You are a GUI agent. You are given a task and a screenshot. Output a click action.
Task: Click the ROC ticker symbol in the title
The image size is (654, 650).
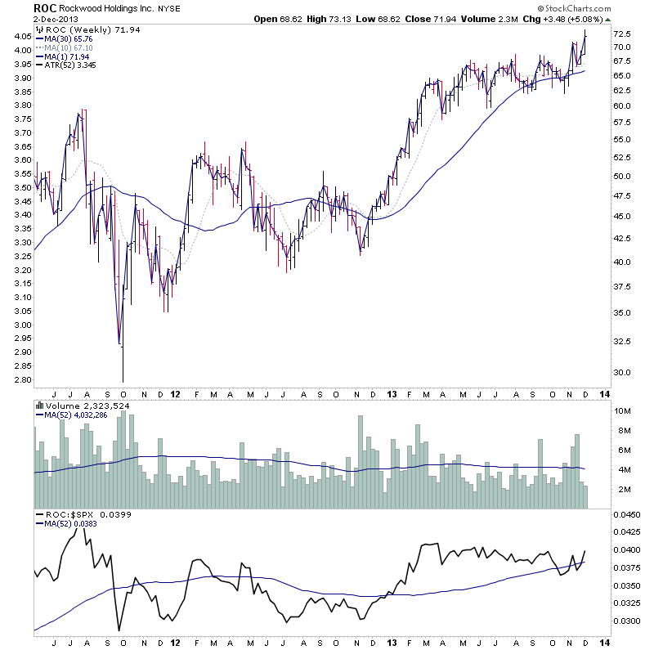(44, 7)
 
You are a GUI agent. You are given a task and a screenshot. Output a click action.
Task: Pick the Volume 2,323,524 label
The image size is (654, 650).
(81, 405)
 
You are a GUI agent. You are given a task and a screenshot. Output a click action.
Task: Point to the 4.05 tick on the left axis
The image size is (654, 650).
(21, 36)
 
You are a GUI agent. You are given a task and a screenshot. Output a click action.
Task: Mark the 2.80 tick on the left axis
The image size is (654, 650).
(21, 380)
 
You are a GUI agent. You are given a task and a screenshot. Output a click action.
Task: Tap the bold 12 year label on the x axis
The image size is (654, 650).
(176, 393)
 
